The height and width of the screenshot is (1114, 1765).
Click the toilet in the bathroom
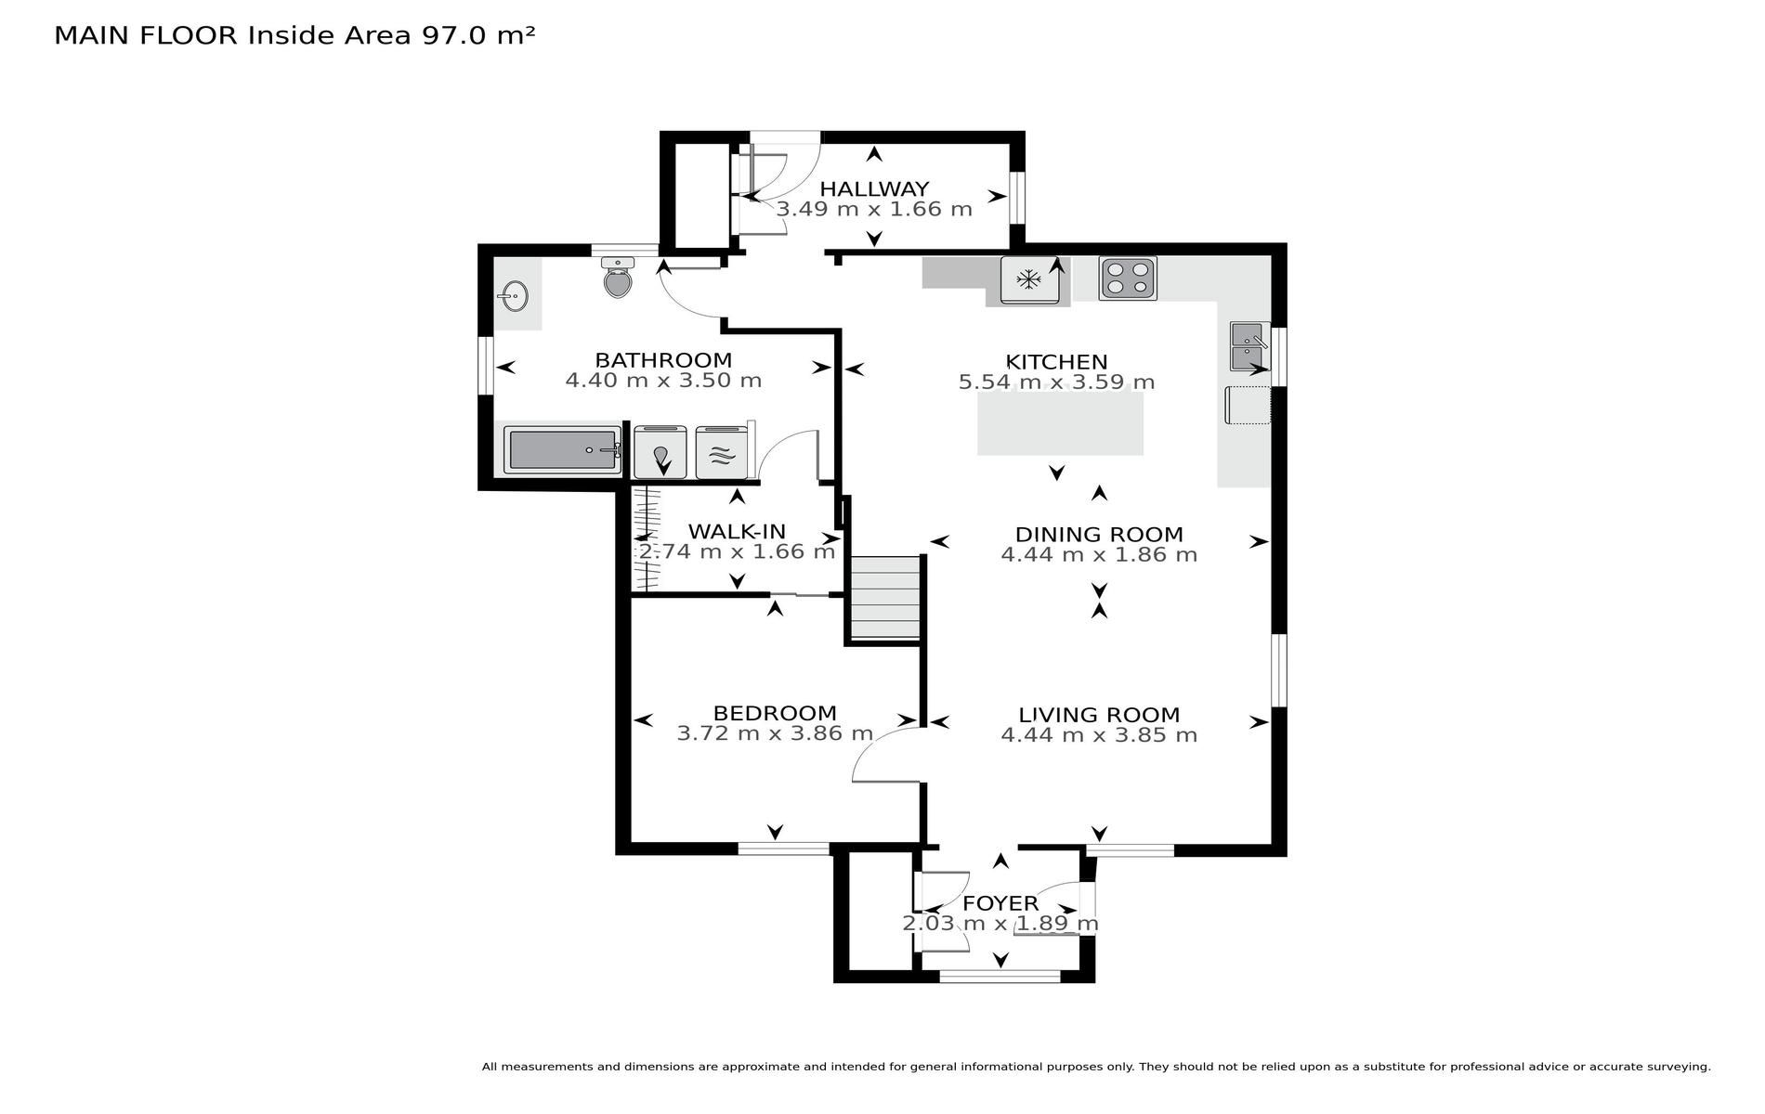click(618, 278)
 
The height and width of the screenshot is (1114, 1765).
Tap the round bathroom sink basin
click(513, 296)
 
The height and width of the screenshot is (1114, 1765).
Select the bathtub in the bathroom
click(563, 450)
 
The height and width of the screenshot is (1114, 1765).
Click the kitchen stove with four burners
click(1128, 278)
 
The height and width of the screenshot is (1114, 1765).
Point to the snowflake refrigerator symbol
click(1028, 278)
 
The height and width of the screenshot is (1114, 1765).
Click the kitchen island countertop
click(1060, 423)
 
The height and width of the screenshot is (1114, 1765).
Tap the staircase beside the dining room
click(885, 598)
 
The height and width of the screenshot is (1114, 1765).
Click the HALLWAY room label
click(874, 189)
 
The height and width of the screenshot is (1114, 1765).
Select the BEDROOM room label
click(775, 713)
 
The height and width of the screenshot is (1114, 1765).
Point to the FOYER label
click(1000, 903)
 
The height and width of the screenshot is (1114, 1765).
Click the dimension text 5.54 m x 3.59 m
click(1056, 382)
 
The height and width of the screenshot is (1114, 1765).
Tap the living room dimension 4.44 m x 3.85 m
click(1099, 735)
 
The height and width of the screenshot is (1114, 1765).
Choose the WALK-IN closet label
click(737, 532)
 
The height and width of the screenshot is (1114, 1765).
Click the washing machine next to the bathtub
click(660, 452)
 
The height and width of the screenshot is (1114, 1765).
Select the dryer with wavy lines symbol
click(722, 452)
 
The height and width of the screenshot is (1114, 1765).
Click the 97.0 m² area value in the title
click(478, 35)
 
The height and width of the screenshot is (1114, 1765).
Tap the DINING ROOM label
click(1099, 535)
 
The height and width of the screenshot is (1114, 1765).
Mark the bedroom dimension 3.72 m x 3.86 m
click(775, 733)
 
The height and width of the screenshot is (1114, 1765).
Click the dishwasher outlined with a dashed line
click(1248, 405)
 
